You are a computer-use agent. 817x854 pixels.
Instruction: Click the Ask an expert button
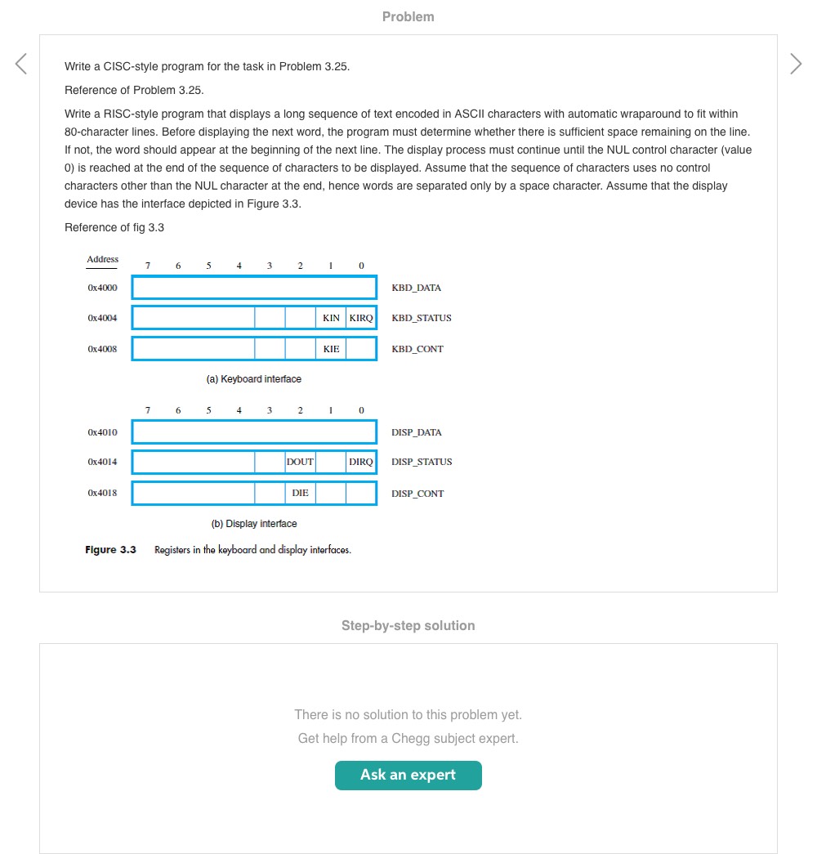tap(408, 775)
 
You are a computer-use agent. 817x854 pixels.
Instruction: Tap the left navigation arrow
tap(21, 64)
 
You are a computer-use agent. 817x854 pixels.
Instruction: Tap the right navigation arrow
tap(796, 64)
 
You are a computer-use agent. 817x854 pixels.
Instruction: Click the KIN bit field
tap(331, 318)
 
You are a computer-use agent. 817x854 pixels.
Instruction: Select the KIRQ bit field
tap(361, 318)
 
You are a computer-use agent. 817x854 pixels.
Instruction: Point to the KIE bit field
tap(331, 349)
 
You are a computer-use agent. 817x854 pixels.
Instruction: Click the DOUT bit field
tap(300, 462)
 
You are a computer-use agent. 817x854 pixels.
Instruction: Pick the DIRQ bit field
tap(361, 462)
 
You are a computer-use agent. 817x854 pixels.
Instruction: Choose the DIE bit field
tap(300, 493)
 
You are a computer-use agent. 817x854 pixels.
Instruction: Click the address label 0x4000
tap(102, 288)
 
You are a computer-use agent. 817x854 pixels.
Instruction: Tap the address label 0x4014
tap(102, 462)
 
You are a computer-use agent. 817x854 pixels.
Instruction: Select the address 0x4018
tap(102, 493)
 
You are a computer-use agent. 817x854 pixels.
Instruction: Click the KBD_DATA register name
tap(416, 288)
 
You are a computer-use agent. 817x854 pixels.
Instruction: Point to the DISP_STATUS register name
tap(422, 462)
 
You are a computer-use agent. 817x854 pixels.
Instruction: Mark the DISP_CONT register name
tap(417, 494)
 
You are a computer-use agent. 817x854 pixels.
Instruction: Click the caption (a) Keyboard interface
tap(254, 379)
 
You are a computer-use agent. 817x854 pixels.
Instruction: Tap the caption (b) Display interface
tap(254, 524)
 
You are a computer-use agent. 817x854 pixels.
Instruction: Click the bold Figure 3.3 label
tap(110, 550)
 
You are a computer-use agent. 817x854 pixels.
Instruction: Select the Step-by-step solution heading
tap(408, 625)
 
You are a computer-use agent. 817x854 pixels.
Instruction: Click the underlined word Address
tap(102, 259)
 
